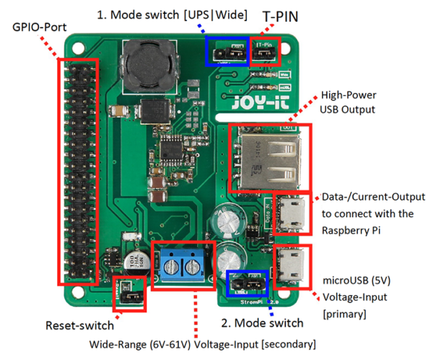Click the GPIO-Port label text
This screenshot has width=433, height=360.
click(x=40, y=28)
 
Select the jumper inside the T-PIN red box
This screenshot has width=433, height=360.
click(x=264, y=52)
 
